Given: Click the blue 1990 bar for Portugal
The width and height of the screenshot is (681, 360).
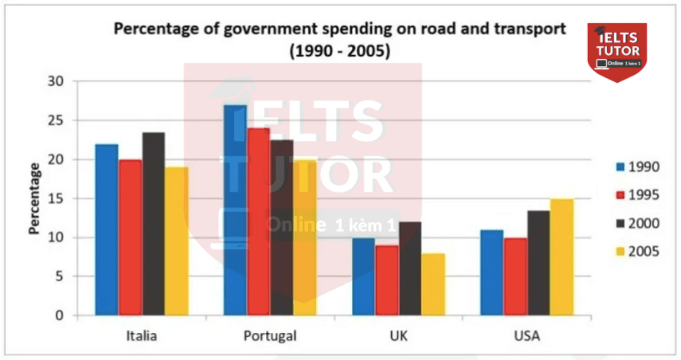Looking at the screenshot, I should point(235,210).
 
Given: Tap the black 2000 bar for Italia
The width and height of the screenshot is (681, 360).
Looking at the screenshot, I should point(154,224).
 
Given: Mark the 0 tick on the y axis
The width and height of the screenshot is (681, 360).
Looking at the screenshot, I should point(58,315).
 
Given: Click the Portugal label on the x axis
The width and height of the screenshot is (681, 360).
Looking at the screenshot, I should point(271,335).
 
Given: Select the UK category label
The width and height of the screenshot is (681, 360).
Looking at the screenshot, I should point(398,335).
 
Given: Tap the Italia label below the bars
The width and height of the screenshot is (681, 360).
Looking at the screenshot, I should point(142,335).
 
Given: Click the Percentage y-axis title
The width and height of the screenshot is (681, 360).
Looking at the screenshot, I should point(34,198).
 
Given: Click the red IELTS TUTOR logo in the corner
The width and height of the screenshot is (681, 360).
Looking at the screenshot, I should point(616,49).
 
